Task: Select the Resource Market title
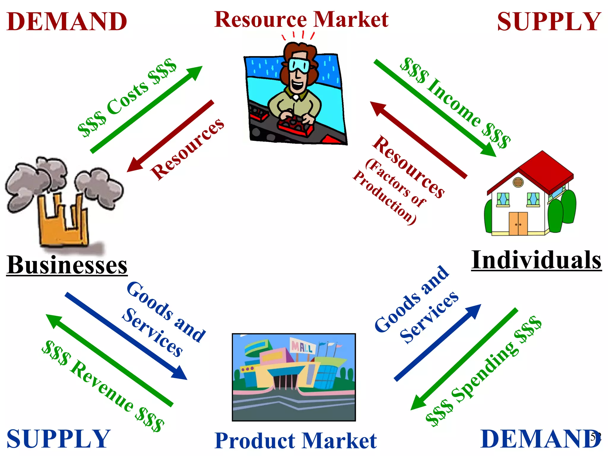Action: (x=301, y=19)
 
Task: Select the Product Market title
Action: (x=296, y=441)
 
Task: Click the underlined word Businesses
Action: (x=67, y=265)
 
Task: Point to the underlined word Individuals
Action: (x=536, y=260)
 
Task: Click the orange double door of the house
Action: (x=518, y=223)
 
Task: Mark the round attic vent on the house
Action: (x=518, y=182)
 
